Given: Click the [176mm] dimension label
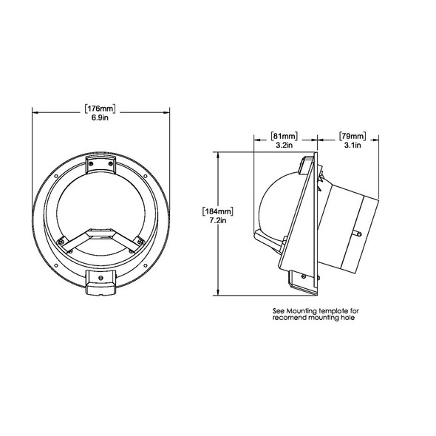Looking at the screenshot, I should point(101,108).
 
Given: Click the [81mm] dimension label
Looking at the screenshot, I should point(285,136).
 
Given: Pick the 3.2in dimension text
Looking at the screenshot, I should point(285,146).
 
